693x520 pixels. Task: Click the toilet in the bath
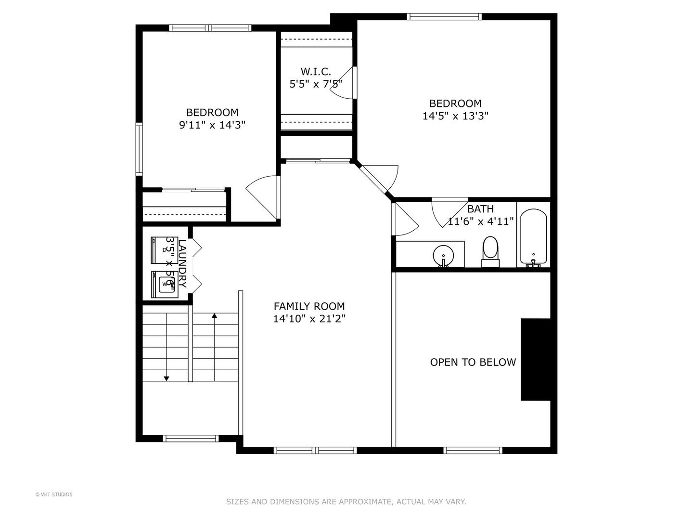(490, 250)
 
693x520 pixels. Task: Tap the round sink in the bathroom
(442, 255)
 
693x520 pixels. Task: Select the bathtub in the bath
(533, 237)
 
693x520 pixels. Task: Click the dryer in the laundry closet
(162, 249)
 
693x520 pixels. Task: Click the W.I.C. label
(316, 72)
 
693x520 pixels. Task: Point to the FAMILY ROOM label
(309, 306)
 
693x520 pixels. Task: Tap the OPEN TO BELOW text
(473, 362)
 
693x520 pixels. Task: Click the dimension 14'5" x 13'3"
(455, 116)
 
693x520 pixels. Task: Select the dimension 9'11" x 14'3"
(212, 125)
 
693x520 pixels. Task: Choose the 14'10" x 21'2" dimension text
(309, 319)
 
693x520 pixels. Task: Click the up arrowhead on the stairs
(214, 316)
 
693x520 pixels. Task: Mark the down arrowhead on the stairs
(167, 378)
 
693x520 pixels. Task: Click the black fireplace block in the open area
(535, 359)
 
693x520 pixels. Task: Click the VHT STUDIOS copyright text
(54, 494)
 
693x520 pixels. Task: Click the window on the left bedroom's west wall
(139, 148)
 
